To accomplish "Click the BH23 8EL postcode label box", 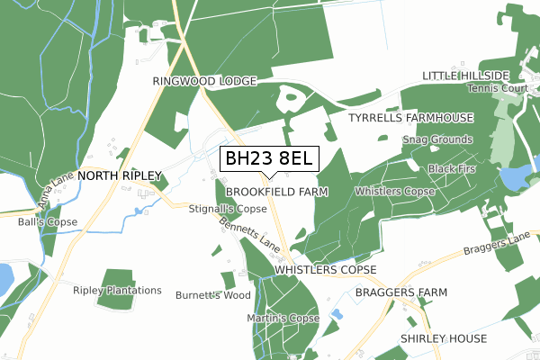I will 267,159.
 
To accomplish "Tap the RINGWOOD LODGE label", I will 204,81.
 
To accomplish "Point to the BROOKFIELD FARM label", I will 276,193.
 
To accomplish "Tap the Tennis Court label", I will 498,88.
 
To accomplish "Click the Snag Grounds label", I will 437,139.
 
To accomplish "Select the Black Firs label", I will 452,169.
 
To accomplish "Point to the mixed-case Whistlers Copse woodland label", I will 395,192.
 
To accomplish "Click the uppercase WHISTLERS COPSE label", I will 325,270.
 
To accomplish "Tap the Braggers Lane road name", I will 497,247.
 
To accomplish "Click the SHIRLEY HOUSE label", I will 444,338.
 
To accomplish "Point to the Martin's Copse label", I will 283,319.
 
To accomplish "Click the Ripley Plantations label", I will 118,291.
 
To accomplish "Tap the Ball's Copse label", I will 48,221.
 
